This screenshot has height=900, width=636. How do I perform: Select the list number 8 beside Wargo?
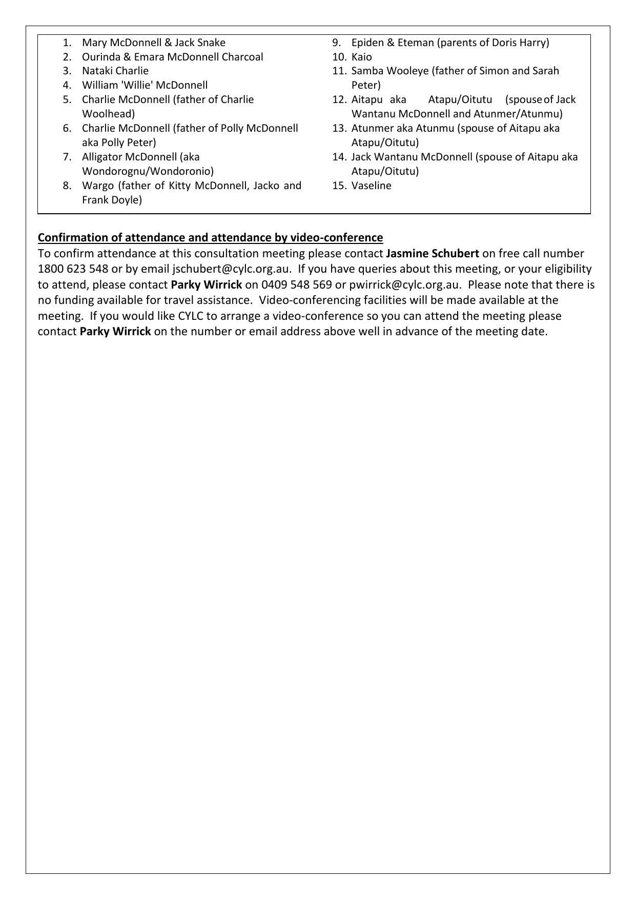click(x=67, y=186)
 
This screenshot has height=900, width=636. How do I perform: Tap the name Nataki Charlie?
click(x=115, y=71)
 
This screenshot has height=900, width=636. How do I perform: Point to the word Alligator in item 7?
click(x=102, y=157)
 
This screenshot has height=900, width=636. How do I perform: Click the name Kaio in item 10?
click(x=361, y=57)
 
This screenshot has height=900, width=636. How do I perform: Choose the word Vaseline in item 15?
click(x=371, y=186)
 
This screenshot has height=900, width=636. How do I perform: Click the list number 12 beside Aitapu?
click(x=339, y=99)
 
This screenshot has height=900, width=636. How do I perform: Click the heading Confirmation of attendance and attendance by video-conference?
click(x=210, y=238)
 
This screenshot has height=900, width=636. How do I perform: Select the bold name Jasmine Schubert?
click(x=433, y=253)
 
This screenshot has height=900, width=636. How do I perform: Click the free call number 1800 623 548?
click(x=73, y=269)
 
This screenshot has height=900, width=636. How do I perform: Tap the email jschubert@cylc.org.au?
click(x=232, y=269)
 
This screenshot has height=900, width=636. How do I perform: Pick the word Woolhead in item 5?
click(x=108, y=114)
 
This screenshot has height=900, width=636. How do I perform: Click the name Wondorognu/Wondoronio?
click(x=148, y=171)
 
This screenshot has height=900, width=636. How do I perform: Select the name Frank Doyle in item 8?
click(x=112, y=200)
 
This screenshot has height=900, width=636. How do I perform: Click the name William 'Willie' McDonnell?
click(x=145, y=85)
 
